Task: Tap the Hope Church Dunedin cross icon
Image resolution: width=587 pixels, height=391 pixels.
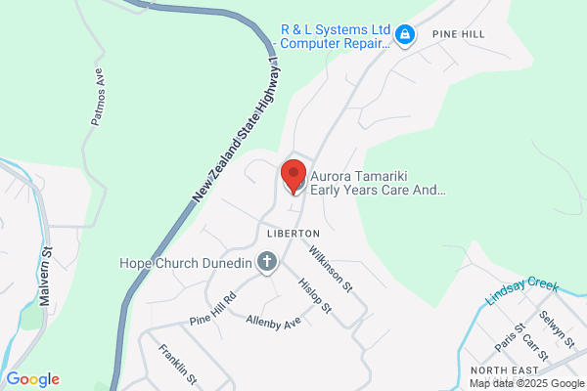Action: pos(265,261)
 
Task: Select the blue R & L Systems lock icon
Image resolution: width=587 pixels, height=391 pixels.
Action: pos(405,36)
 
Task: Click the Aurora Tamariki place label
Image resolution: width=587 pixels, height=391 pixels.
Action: pos(378,185)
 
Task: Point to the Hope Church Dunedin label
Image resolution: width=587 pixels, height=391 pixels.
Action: pos(185,262)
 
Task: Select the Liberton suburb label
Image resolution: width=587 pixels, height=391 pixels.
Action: pos(293,235)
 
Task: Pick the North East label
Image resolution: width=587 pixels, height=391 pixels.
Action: pos(506,370)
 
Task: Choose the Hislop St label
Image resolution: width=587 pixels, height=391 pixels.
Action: pos(313,295)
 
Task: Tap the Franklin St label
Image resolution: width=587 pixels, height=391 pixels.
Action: pos(179,364)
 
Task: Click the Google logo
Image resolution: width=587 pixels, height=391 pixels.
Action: pos(32,379)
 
